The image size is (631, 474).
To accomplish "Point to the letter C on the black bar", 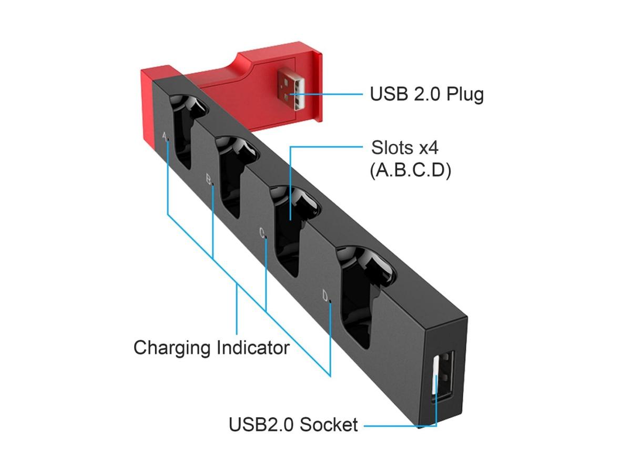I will [262, 233].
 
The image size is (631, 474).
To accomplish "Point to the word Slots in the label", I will [393, 147].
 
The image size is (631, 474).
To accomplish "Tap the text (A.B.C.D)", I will [411, 171].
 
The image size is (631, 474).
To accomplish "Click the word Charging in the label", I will [172, 348].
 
